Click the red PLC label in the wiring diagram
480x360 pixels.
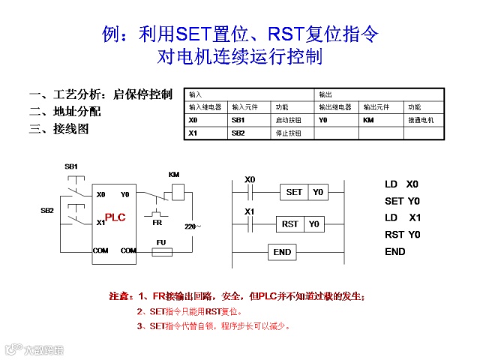[115, 217]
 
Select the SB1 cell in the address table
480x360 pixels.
[238, 120]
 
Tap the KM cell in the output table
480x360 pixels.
[368, 120]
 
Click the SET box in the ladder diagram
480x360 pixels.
[295, 192]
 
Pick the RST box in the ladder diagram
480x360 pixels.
[289, 223]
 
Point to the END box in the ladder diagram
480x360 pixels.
[282, 252]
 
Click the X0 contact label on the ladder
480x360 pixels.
[250, 180]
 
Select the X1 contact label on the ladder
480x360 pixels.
[250, 211]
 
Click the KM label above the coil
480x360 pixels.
[174, 175]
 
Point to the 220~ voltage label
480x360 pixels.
[193, 226]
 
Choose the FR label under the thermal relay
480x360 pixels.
[157, 223]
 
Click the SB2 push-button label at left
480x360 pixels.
[47, 211]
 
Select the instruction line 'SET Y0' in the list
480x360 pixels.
[402, 201]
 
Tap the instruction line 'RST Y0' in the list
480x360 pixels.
[402, 235]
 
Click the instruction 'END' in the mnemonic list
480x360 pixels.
[395, 252]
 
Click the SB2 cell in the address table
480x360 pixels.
[238, 133]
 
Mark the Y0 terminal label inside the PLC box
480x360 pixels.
[124, 194]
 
